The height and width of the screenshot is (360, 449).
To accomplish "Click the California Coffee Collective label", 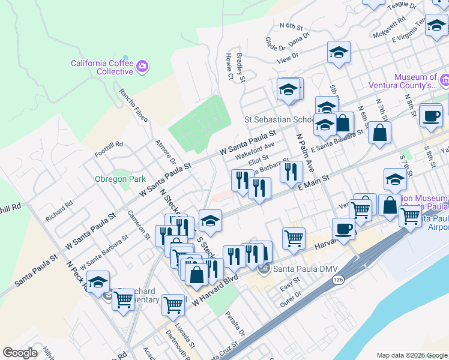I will coord(101,67).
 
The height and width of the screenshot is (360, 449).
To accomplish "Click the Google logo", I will coord(20,353).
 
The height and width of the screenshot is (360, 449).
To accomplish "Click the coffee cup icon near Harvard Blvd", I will coord(344,229).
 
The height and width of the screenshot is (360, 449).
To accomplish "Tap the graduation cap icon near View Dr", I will coord(339,52).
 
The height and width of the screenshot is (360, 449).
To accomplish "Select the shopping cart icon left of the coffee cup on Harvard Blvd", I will coord(294,238).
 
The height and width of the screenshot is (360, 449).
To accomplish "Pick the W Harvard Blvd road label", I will coord(215,292).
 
